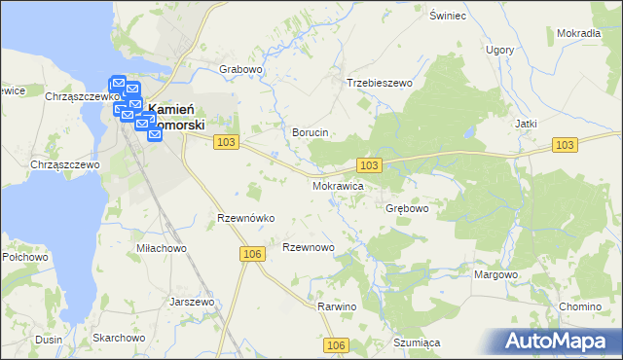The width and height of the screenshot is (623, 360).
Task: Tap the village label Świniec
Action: pyautogui.click(x=449, y=17)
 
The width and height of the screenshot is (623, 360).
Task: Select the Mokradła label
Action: pyautogui.click(x=578, y=33)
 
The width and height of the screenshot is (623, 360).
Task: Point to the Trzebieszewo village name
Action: pyautogui.click(x=380, y=84)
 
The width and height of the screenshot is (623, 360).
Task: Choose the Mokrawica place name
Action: pyautogui.click(x=338, y=184)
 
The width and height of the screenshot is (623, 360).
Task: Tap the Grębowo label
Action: pyautogui.click(x=408, y=208)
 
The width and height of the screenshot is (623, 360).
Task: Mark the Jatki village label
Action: pyautogui.click(x=526, y=125)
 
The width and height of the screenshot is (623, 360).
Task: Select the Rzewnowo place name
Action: pyautogui.click(x=308, y=248)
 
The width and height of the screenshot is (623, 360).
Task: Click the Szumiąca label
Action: pyautogui.click(x=418, y=342)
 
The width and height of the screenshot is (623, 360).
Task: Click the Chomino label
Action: pyautogui.click(x=580, y=306)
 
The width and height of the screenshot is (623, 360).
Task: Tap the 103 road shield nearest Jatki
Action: pyautogui.click(x=565, y=144)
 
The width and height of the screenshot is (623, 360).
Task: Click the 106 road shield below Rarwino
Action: pyautogui.click(x=336, y=345)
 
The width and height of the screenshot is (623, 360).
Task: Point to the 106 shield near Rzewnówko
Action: pyautogui.click(x=251, y=254)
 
